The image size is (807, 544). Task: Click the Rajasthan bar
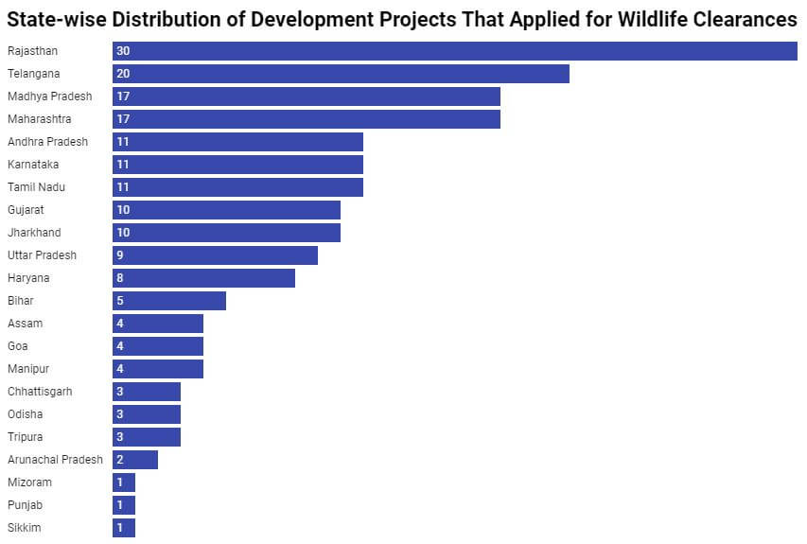tap(454, 51)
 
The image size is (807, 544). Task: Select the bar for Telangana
tap(341, 74)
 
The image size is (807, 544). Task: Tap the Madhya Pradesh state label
tap(49, 97)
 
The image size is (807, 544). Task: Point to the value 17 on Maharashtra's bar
tap(123, 119)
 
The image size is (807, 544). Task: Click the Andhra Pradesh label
tap(47, 142)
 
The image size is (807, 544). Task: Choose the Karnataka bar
tap(237, 165)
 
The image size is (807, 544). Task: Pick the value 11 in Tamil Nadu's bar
tap(123, 187)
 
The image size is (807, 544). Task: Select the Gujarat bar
tap(226, 210)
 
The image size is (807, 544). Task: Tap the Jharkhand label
tap(35, 233)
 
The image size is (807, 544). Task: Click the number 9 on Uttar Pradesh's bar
tap(120, 255)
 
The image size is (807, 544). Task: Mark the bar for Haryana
tap(203, 278)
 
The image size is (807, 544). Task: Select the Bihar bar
tap(169, 301)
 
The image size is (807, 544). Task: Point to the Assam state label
tap(25, 324)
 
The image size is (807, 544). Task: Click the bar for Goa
tap(158, 346)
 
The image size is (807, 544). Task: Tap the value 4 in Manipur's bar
tap(120, 369)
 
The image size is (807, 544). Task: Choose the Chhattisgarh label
tap(40, 392)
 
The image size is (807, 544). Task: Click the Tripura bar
tap(147, 437)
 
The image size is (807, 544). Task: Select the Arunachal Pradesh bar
tap(135, 460)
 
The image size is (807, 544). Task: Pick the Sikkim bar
tap(124, 528)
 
